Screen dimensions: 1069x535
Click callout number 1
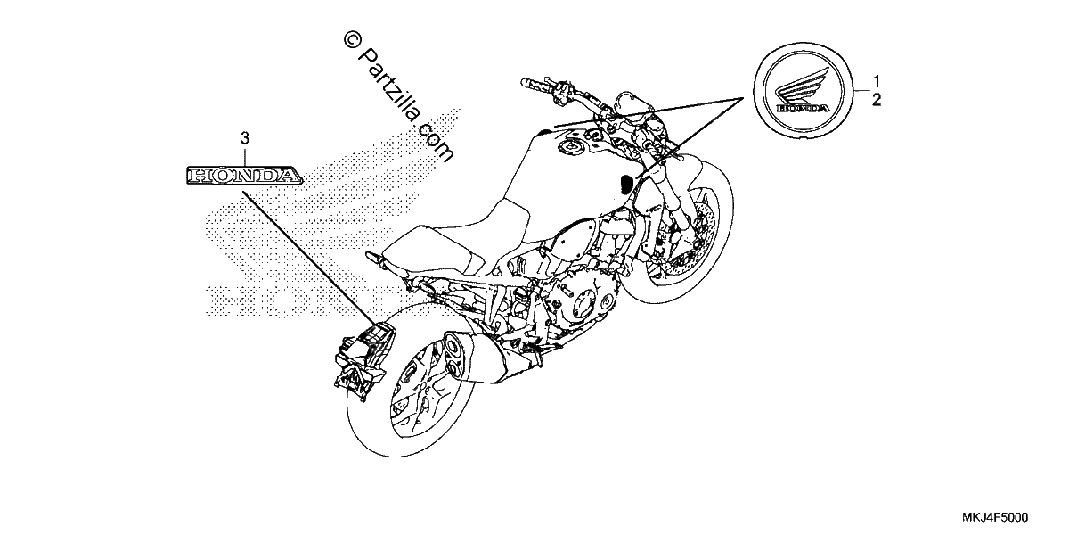point(877,80)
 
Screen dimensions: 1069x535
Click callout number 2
point(877,100)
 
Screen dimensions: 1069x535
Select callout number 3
point(245,138)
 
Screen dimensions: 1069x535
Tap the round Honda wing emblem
point(804,90)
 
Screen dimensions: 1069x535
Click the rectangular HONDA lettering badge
point(244,176)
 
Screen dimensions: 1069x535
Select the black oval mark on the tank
point(626,184)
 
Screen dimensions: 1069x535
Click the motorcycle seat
point(458,239)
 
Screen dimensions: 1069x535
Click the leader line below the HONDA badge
point(311,258)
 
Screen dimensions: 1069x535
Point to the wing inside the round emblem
point(801,87)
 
